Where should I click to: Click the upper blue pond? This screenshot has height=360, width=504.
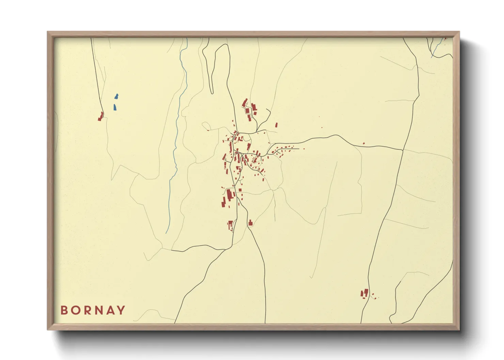(x=116, y=97)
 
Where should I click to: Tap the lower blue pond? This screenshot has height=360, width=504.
(x=115, y=108)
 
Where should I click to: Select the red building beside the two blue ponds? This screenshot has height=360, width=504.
(x=101, y=116)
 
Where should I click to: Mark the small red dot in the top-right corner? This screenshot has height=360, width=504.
(x=445, y=39)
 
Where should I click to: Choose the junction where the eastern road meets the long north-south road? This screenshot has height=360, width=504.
(x=403, y=149)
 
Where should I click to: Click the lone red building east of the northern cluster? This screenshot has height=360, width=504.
(x=276, y=125)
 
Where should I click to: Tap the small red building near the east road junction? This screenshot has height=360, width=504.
(x=364, y=143)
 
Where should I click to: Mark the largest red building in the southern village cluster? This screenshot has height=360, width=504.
(x=229, y=195)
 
